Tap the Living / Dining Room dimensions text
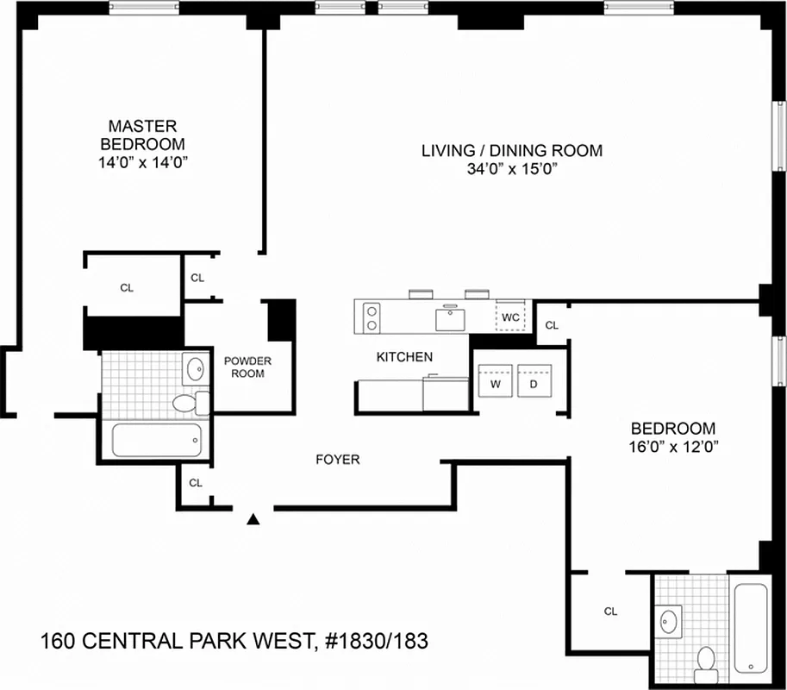(511, 170)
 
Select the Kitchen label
(404, 356)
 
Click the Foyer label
(338, 460)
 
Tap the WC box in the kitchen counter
(510, 317)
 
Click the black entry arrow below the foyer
(253, 519)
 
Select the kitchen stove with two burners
(372, 316)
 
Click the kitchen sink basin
(450, 318)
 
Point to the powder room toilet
(186, 402)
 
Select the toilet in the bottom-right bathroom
(707, 661)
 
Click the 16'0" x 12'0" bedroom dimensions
(674, 446)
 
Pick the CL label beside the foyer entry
(196, 483)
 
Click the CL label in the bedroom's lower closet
(610, 612)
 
